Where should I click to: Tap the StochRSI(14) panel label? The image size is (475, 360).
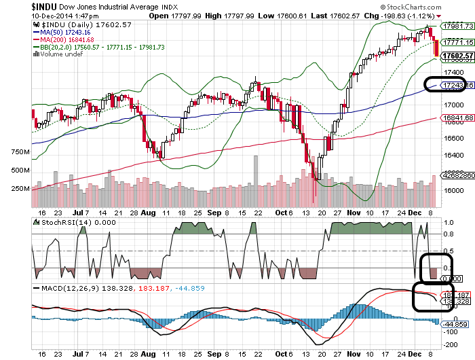pyautogui.click(x=58, y=221)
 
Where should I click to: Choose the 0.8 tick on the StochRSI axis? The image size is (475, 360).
pyautogui.click(x=448, y=234)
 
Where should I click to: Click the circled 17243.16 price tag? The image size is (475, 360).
pyautogui.click(x=455, y=86)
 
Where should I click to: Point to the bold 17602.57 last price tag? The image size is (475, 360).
pyautogui.click(x=455, y=55)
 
